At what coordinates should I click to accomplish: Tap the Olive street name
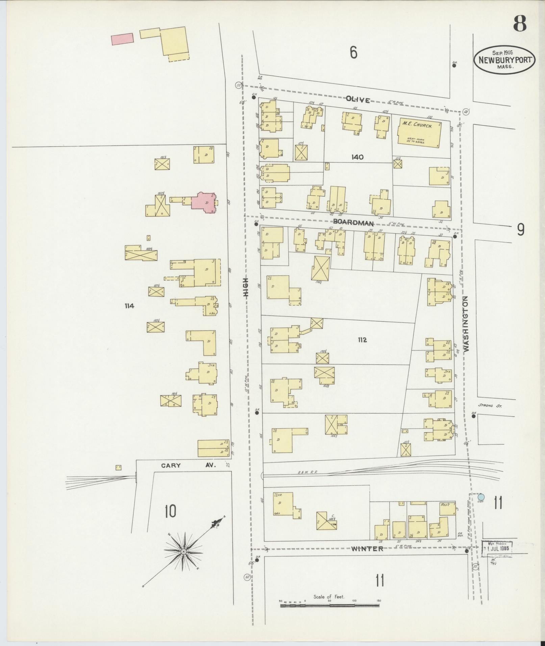[358, 99]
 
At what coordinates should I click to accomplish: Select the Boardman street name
[353, 223]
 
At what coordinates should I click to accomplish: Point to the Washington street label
[467, 324]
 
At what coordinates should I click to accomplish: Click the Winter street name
[367, 549]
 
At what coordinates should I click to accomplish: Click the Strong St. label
[490, 406]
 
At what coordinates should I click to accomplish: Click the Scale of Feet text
[329, 597]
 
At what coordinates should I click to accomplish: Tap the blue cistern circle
[481, 497]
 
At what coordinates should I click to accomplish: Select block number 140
[357, 157]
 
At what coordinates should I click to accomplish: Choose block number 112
[362, 340]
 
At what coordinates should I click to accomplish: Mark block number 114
[129, 306]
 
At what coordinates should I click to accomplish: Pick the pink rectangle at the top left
[122, 38]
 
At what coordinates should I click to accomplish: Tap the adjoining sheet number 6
[353, 52]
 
